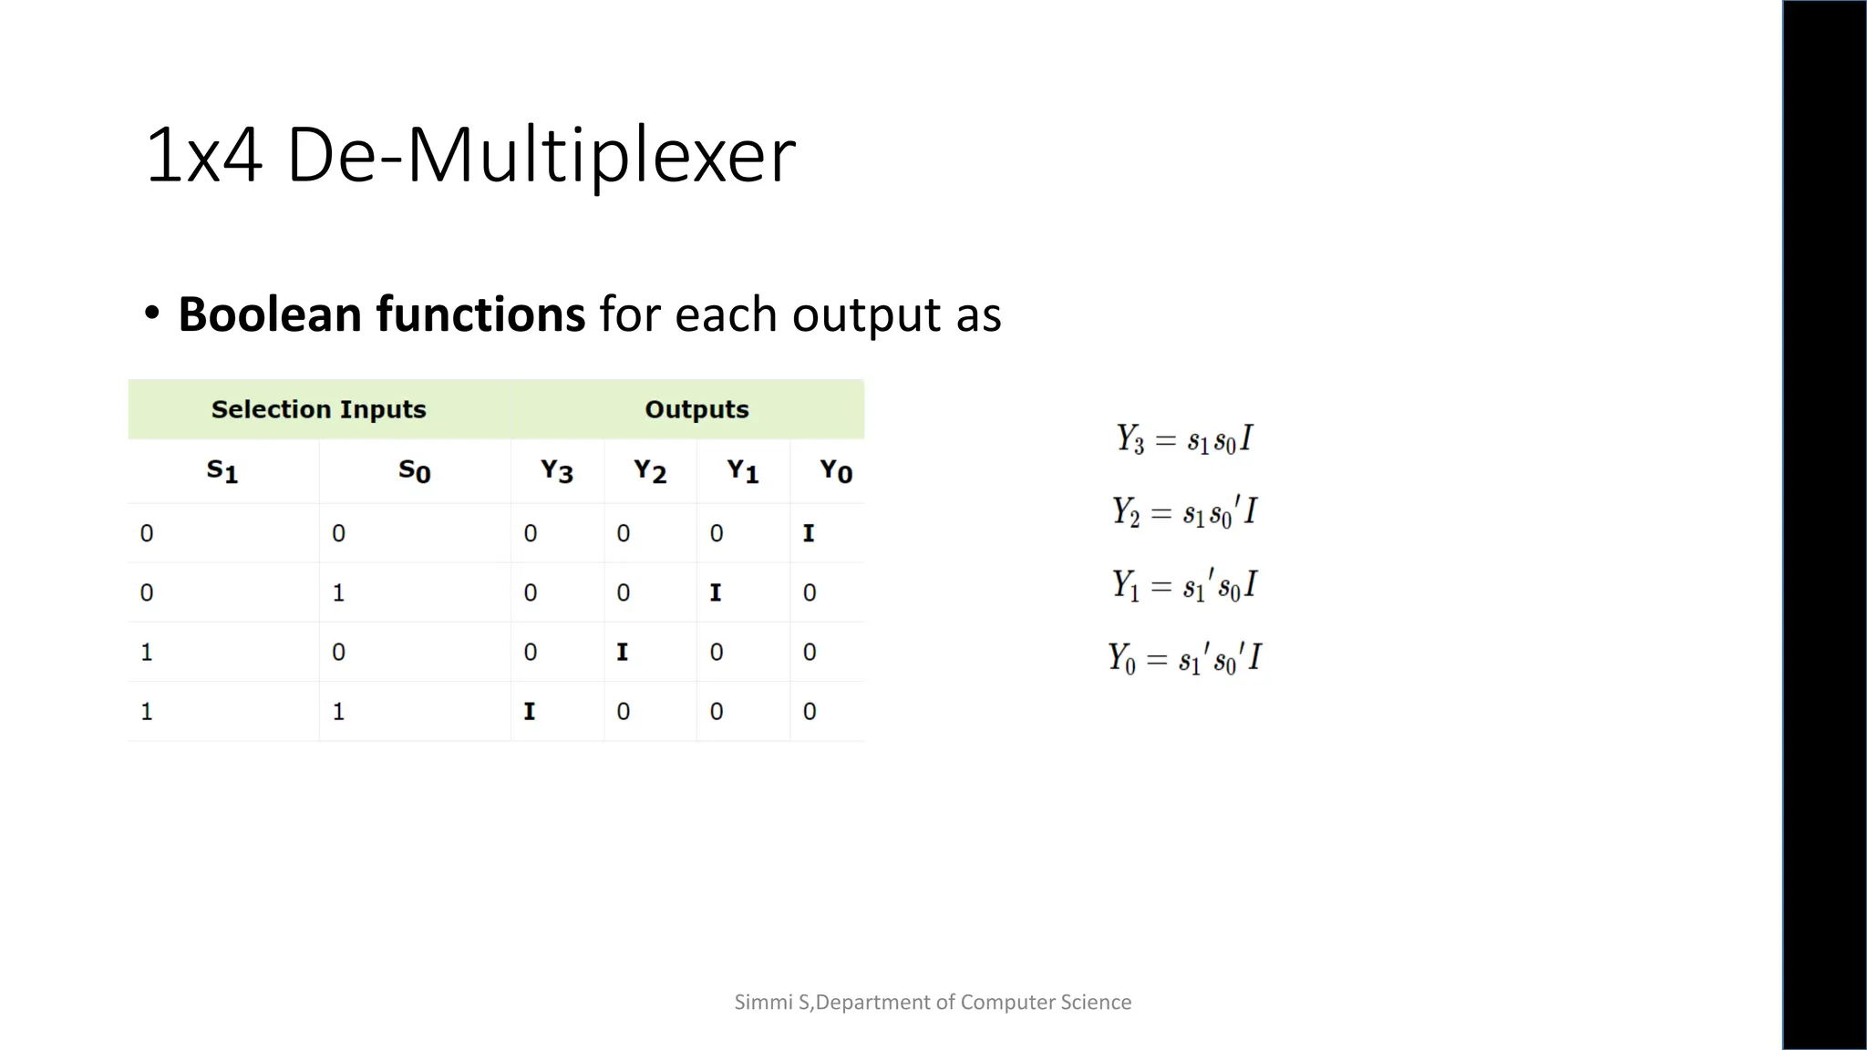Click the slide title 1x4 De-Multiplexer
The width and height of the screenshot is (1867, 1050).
point(469,155)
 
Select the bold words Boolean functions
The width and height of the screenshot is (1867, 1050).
point(381,314)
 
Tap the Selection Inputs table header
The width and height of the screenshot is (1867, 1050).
point(318,409)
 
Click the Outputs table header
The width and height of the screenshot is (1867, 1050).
point(696,409)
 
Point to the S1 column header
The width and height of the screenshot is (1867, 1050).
point(222,471)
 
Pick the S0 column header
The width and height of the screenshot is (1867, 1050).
point(414,471)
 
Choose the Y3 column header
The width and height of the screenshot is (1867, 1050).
point(556,471)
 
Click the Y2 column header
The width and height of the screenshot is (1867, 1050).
point(650,471)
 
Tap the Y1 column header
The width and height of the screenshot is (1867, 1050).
point(742,471)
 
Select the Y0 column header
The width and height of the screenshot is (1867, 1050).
point(835,471)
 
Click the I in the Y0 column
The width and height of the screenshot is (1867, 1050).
point(809,533)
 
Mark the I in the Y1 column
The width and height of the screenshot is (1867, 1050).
point(716,592)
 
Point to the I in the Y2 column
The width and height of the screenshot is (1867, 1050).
point(623,652)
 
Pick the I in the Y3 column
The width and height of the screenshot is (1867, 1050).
point(530,711)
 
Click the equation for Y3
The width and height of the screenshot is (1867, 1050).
point(1184,439)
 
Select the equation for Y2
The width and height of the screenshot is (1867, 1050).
point(1184,512)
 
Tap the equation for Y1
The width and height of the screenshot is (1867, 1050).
point(1184,585)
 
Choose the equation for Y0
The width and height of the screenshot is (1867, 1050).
point(1184,658)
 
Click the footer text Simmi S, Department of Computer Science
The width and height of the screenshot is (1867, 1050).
point(933,1002)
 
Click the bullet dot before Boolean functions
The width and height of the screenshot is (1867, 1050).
point(152,314)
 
